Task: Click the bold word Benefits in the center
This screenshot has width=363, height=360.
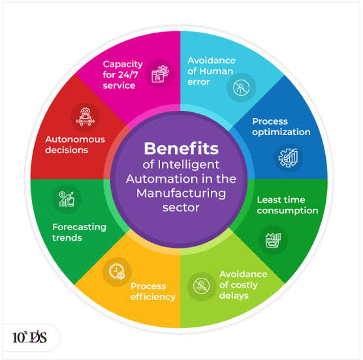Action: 181,148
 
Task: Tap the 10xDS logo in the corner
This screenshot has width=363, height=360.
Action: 29,337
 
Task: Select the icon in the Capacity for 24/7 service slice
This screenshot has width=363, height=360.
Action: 160,74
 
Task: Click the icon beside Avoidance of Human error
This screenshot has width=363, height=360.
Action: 241,87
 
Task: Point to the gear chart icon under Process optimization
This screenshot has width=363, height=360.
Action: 288,158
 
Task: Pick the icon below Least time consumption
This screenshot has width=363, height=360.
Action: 273,240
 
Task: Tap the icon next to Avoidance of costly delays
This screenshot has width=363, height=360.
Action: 201,286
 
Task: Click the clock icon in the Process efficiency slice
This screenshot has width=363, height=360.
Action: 117,271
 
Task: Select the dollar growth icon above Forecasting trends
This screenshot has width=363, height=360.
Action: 67,199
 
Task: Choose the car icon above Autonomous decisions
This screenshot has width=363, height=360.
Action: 85,117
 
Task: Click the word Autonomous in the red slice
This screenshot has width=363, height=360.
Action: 75,139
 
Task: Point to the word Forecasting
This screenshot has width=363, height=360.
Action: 79,228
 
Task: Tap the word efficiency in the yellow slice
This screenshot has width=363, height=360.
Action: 153,297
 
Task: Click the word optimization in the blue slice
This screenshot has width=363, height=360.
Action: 281,132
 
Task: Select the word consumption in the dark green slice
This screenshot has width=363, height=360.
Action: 287,211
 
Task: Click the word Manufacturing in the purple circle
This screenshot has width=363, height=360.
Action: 181,194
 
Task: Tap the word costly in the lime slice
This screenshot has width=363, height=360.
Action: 244,285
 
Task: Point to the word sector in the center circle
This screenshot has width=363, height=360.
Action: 181,208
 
